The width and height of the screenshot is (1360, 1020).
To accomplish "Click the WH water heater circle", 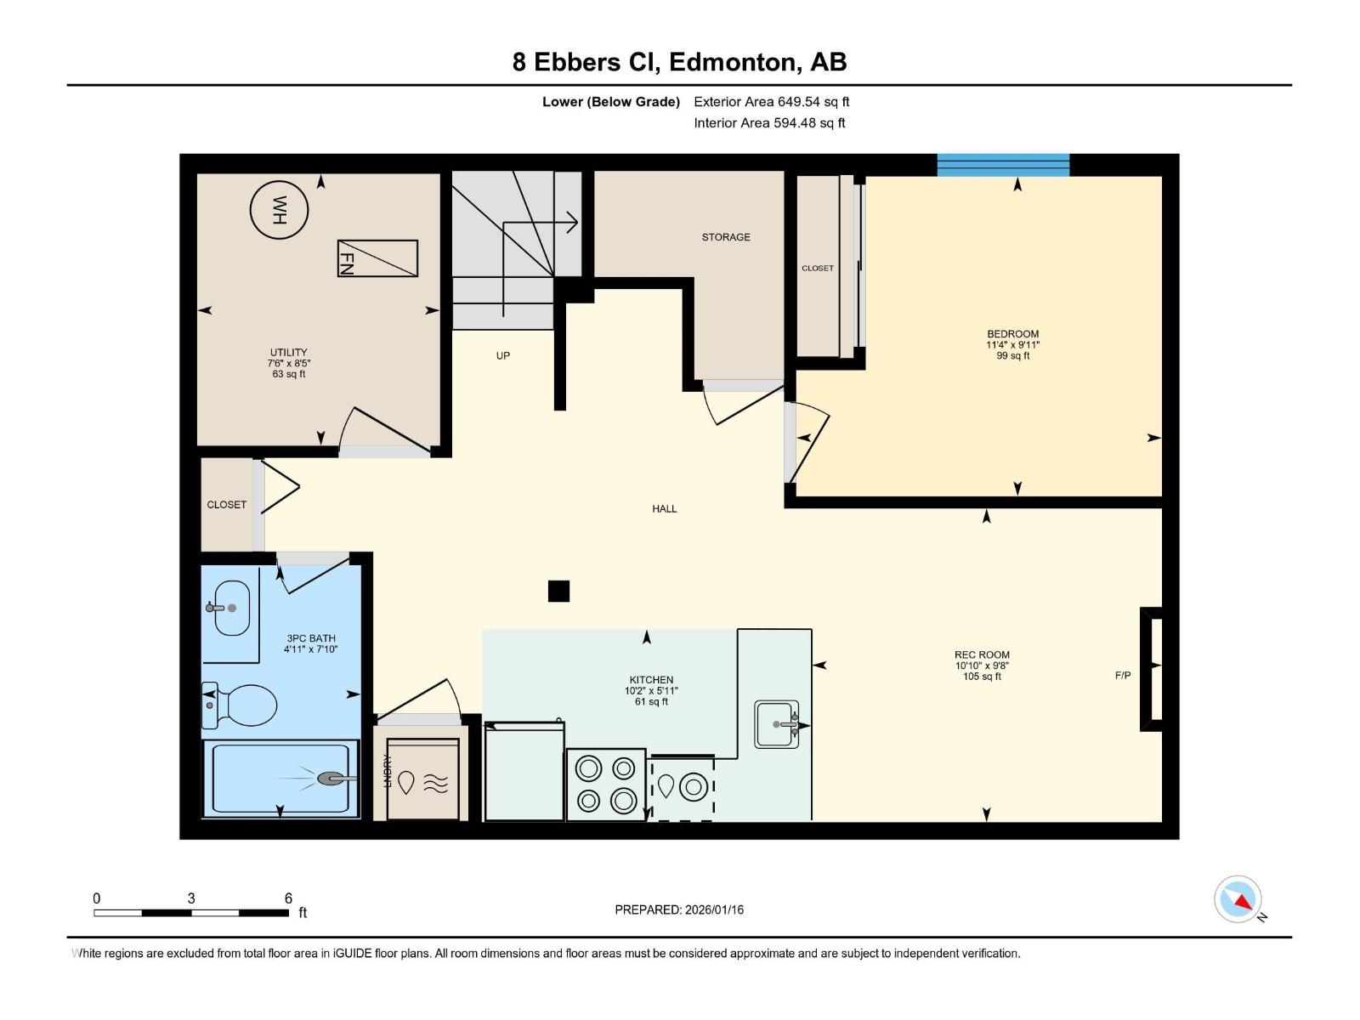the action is (x=279, y=211).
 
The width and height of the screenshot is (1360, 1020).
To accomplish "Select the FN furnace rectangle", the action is (x=377, y=258).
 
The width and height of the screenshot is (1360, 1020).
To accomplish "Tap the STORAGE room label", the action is (x=726, y=237).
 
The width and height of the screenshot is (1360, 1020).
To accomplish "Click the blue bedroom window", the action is (x=1003, y=165).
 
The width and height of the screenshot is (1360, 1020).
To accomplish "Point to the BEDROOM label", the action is (x=1013, y=334).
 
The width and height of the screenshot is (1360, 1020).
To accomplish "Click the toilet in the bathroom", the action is (x=240, y=705).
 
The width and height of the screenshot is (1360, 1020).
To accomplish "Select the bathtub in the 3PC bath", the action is (x=280, y=779).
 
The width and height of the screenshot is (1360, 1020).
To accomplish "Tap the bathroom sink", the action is (x=228, y=608).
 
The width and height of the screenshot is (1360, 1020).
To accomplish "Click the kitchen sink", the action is (x=776, y=724).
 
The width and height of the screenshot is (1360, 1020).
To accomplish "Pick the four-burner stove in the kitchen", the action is (x=606, y=785).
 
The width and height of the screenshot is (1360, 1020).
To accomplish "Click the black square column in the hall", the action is (x=558, y=591).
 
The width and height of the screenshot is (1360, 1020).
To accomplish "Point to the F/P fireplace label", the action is (x=1123, y=675).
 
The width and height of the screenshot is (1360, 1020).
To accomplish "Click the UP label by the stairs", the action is (x=503, y=355).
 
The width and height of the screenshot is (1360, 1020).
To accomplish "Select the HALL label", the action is (x=664, y=508).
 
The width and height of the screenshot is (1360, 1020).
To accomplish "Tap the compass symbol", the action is (x=1238, y=899).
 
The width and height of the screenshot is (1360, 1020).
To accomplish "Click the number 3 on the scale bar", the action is (x=191, y=898).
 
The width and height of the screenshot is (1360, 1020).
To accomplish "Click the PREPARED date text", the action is (x=679, y=909).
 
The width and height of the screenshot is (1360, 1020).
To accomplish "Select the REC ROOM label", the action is (x=982, y=654).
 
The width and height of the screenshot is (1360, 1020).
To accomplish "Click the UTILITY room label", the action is (x=289, y=353).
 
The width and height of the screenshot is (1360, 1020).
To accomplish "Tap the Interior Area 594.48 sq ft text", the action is (x=769, y=122).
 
